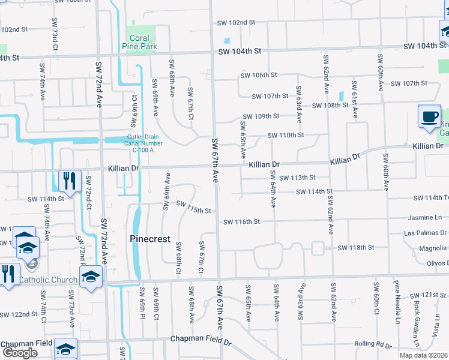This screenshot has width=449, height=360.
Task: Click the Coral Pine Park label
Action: [139, 42]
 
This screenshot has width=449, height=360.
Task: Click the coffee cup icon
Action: [429, 117]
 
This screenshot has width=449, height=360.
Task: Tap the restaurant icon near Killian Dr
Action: [70, 181]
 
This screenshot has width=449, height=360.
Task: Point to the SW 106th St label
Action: [258, 75]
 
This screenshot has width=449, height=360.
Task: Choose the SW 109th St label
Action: [261, 116]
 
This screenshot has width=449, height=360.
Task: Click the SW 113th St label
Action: [297, 178]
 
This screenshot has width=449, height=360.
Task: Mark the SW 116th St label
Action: [241, 221]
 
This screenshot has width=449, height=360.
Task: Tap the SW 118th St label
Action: [355, 247]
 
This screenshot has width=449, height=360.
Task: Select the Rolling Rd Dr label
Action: [372, 344]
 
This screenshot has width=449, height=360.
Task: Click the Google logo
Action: [20, 353]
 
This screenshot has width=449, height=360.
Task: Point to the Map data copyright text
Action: [424, 355]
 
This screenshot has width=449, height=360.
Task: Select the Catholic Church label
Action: [48, 280]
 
